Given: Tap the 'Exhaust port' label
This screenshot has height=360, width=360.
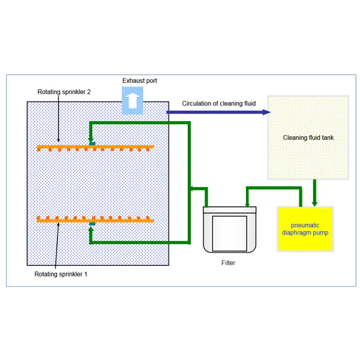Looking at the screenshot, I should click(139, 80).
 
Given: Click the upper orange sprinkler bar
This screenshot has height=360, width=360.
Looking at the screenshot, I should click(95, 147).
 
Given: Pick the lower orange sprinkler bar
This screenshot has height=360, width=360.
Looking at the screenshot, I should click(95, 220).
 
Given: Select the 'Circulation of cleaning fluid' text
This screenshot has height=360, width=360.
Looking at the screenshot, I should click(219, 104).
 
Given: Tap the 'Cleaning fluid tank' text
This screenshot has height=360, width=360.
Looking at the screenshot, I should click(308, 137).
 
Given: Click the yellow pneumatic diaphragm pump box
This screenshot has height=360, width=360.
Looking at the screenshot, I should click(304, 229).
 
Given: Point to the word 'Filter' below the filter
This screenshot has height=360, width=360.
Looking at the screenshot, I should click(228, 263).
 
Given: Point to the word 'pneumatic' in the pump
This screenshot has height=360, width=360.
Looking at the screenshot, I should click(304, 224).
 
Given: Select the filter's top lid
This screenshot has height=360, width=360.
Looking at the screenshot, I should click(229, 209).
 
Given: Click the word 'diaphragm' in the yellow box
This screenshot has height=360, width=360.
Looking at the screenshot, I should click(295, 232).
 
